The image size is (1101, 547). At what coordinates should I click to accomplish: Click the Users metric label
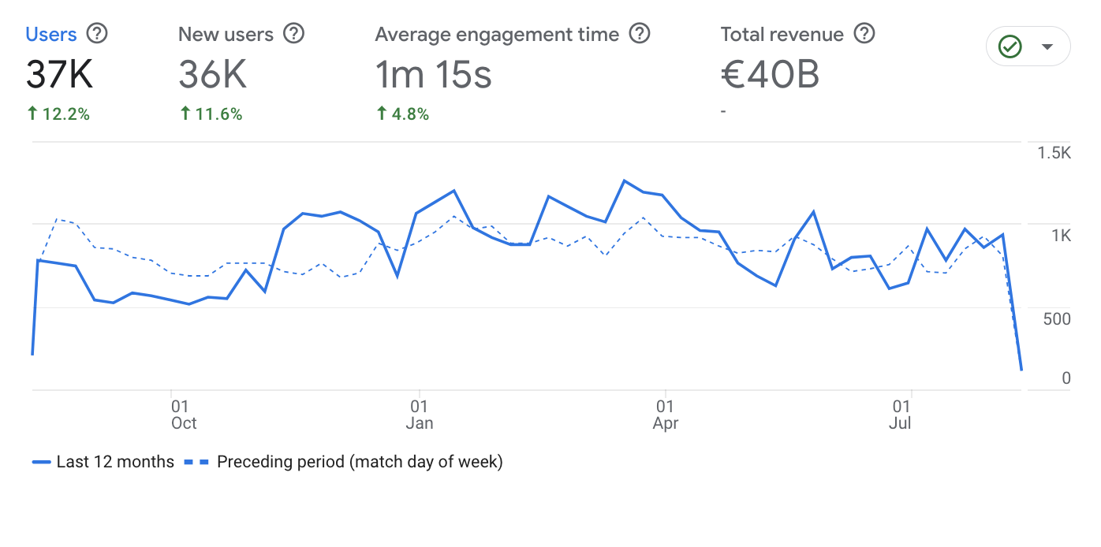pos(51,35)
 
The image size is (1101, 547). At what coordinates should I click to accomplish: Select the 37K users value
pos(60,75)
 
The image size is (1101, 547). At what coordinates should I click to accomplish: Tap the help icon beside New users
pos(294,34)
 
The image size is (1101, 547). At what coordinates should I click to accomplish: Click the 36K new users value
pos(213,75)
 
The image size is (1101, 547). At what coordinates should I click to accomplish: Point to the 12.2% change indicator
pos(58,114)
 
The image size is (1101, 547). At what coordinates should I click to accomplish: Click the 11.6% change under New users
pos(211,114)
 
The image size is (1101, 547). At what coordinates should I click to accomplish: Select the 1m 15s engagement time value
pos(434,75)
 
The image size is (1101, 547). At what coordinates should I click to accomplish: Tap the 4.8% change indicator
pos(402,114)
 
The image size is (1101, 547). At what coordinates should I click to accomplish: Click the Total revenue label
pos(782,35)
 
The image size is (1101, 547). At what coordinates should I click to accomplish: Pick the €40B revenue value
pos(771,75)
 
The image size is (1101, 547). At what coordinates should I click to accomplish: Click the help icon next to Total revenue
pos(865,34)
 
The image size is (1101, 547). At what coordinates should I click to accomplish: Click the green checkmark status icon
pos(1010,47)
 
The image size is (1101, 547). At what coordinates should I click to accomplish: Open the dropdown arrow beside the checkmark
pos(1047,47)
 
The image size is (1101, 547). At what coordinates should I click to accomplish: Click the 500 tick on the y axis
pos(1056,318)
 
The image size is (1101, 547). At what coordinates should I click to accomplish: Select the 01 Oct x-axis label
pos(183,415)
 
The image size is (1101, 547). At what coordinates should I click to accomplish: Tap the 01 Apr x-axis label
pos(666,415)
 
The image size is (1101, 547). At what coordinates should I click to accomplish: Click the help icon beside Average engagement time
pos(640,34)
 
